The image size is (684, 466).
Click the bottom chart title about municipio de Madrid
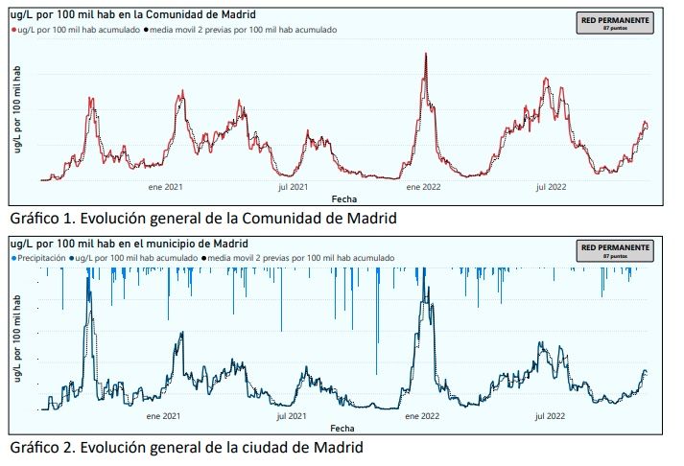[128, 244]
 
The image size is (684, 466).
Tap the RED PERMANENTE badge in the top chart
[614, 23]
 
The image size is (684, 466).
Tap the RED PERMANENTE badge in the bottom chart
[614, 251]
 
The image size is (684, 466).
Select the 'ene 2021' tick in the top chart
[165, 188]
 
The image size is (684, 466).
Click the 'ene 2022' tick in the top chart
[423, 188]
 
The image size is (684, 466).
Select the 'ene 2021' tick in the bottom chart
[165, 416]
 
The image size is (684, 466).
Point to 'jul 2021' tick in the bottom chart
[292, 416]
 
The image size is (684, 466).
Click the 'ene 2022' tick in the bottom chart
[423, 416]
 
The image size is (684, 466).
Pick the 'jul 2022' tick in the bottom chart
[550, 416]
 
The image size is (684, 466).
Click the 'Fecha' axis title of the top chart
[342, 198]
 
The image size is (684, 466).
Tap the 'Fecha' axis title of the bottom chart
[342, 427]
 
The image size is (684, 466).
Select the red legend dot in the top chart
[13, 30]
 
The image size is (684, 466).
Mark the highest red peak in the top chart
[426, 53]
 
